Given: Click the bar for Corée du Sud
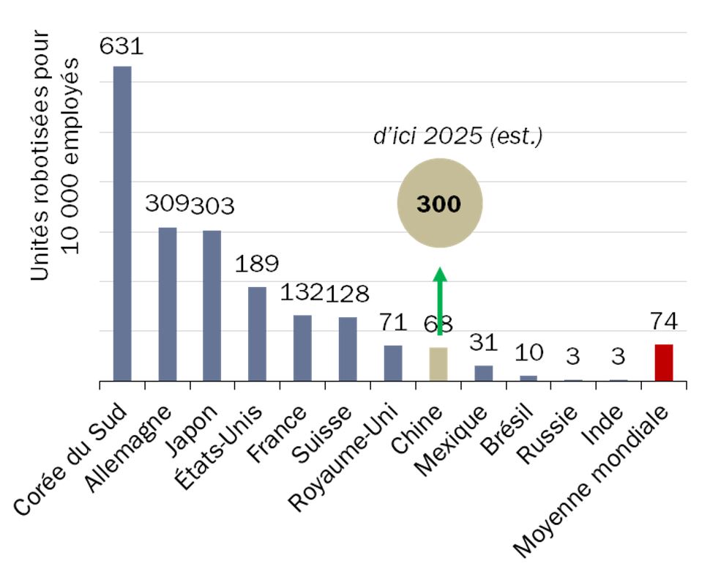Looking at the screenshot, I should pos(122,223).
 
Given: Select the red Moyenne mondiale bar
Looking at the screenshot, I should pos(663,363).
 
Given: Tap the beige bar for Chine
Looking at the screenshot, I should pos(438,364).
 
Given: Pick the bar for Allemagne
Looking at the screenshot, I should pos(168,304).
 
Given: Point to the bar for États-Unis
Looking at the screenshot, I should pos(257,334).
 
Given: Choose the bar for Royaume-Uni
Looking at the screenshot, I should pos(393,363).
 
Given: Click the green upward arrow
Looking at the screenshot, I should pos(439,300).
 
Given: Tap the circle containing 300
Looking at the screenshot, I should pos(439,204).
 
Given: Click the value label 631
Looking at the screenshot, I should pos(122,47).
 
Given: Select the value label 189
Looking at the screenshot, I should pos(257,264).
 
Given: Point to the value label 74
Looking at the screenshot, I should pos(663,322).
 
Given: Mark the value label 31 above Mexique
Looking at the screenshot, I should pos(483,342).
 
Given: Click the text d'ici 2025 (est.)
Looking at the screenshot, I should pos(457,137).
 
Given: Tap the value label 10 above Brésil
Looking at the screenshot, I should pos(528,352).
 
